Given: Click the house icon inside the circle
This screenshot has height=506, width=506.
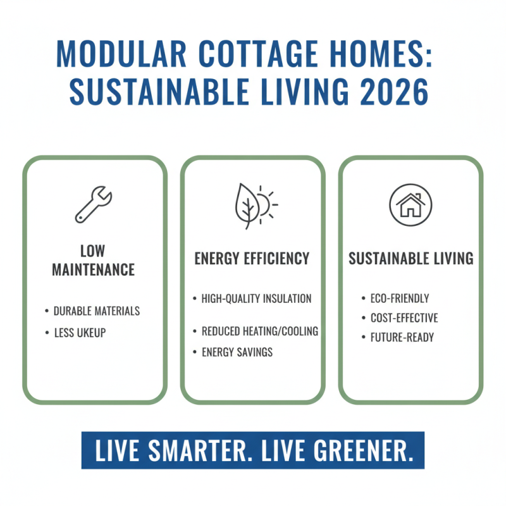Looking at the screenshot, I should pyautogui.click(x=410, y=205).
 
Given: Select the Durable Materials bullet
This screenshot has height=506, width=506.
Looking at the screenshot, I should pyautogui.click(x=96, y=311).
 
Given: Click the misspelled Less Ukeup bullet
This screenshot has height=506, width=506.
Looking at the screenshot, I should pyautogui.click(x=79, y=333).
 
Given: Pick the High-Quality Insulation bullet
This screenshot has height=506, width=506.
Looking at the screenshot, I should pyautogui.click(x=256, y=298).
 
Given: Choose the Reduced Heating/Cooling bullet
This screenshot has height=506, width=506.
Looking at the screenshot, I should pyautogui.click(x=259, y=331).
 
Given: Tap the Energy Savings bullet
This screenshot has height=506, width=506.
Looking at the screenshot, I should pyautogui.click(x=237, y=352).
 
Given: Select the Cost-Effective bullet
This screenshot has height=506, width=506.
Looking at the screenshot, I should pyautogui.click(x=404, y=318).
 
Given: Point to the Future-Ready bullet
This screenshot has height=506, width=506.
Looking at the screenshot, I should pyautogui.click(x=402, y=338).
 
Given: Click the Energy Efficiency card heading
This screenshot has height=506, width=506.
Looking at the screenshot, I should pyautogui.click(x=252, y=258).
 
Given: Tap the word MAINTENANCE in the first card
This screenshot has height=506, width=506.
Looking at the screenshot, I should pyautogui.click(x=93, y=269).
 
